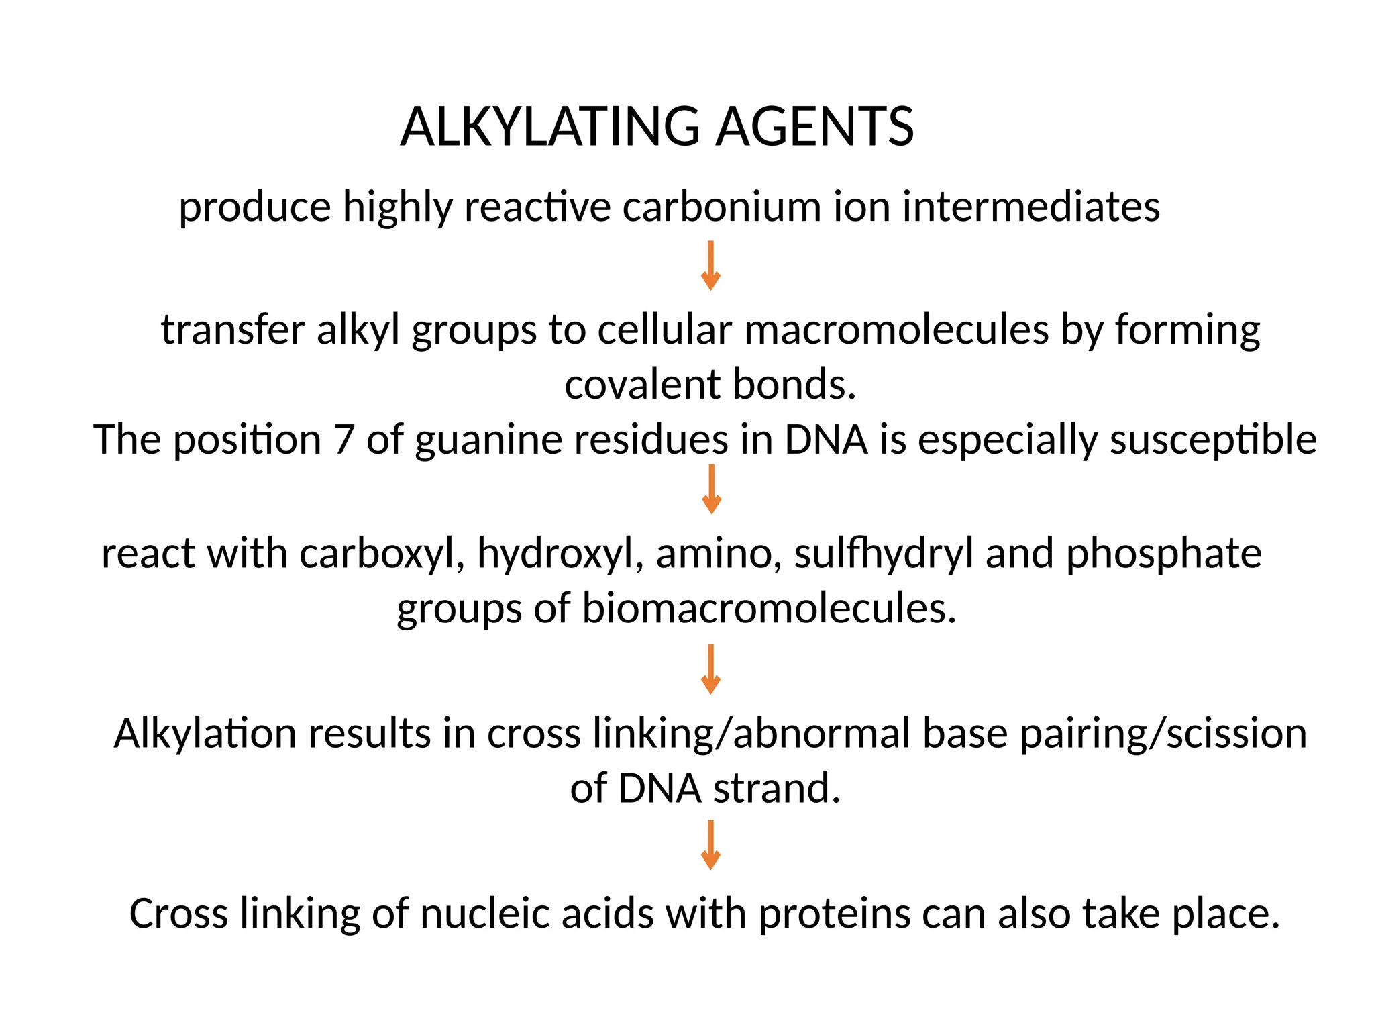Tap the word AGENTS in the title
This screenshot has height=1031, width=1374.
click(x=814, y=127)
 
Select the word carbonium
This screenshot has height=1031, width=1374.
click(x=721, y=206)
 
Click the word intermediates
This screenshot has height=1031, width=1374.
click(x=1030, y=206)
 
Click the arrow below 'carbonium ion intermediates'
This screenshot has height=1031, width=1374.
click(x=710, y=265)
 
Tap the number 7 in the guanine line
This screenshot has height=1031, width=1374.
click(x=343, y=440)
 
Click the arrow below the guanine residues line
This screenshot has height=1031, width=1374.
click(x=711, y=489)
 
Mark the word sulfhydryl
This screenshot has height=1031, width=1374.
click(x=884, y=554)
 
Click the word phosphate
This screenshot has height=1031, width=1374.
click(x=1163, y=555)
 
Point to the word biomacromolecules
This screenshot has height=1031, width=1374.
click(x=768, y=608)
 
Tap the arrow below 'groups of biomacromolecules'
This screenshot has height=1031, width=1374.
click(x=710, y=669)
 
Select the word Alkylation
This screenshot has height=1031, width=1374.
click(x=205, y=733)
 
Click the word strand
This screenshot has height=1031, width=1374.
click(x=776, y=788)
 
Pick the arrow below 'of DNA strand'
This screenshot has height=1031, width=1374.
click(x=710, y=845)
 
